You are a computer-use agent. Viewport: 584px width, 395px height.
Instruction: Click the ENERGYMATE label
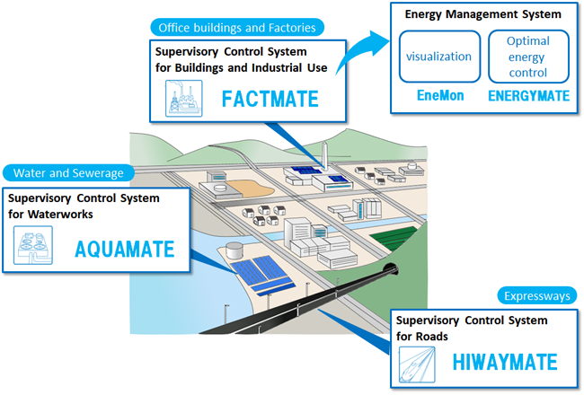[528, 96]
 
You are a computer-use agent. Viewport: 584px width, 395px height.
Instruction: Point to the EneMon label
[438, 96]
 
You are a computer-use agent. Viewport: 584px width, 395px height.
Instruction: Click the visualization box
[438, 57]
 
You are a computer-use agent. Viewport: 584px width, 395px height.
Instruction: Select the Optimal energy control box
[528, 57]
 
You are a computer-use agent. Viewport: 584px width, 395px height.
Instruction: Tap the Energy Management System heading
[482, 14]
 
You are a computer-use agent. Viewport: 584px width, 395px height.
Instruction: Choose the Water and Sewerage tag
[69, 172]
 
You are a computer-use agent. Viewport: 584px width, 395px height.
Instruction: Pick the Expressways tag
[537, 295]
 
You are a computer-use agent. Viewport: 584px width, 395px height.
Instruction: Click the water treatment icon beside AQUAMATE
[34, 248]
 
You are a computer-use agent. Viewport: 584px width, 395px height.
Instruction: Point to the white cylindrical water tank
[234, 250]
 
